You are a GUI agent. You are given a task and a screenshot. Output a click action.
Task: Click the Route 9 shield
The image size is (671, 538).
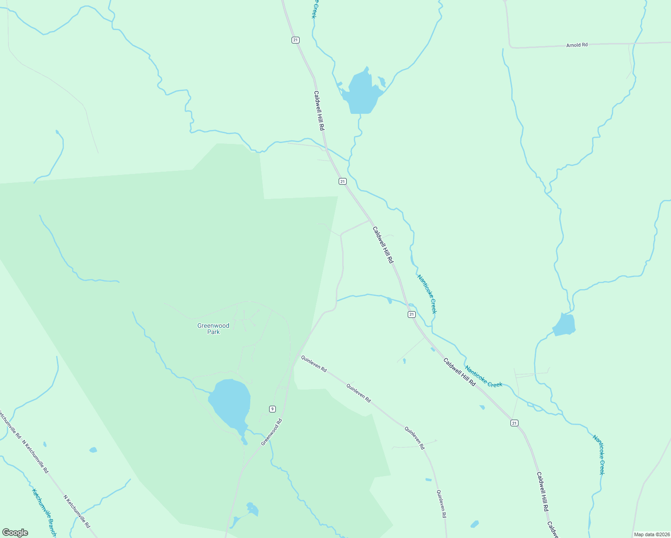point(272,408)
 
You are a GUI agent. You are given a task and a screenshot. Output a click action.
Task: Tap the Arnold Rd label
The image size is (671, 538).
point(577,45)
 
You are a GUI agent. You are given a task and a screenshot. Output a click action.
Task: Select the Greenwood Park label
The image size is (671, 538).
point(213,329)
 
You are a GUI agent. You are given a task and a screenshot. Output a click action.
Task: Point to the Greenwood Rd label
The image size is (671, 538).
point(272,432)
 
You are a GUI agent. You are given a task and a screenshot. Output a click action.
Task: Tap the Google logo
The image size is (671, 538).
point(15,533)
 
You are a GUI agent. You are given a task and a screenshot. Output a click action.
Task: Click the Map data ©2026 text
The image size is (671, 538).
point(651,534)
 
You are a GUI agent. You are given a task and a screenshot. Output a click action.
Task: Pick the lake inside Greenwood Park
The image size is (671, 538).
point(230,402)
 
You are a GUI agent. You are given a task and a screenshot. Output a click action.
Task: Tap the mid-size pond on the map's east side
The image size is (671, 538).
point(564,325)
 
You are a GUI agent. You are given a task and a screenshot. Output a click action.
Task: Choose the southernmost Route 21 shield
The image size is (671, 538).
point(514,423)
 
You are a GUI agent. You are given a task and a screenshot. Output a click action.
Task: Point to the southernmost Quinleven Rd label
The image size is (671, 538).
point(441,504)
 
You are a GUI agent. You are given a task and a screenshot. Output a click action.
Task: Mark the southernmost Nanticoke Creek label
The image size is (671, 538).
point(599,454)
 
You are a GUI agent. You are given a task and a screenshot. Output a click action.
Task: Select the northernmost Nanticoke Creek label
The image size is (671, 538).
point(427,294)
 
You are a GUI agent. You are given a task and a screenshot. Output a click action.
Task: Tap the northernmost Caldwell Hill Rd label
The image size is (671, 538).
point(319,111)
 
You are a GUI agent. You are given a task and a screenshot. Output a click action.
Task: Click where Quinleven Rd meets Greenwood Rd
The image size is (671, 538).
point(296,354)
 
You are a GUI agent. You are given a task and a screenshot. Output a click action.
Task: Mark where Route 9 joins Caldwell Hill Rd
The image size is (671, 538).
point(370,220)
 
